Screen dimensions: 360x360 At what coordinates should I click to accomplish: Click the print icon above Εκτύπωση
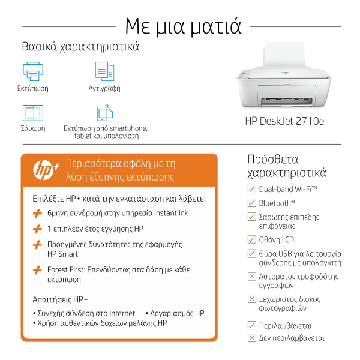coord(33,71)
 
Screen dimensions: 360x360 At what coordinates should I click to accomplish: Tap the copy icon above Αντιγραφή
coord(104,71)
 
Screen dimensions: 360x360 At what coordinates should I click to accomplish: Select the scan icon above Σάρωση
coord(33,113)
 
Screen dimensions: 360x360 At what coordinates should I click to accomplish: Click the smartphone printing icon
coord(105,112)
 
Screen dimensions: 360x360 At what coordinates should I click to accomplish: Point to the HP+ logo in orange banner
coord(46,170)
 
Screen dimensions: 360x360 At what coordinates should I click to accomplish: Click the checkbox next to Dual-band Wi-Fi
coord(252,189)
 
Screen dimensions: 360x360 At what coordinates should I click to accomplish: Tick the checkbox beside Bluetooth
coord(252,203)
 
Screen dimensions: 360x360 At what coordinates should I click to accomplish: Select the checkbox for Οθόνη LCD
coord(252,239)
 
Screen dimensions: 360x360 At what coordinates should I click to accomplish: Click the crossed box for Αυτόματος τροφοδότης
coord(252,277)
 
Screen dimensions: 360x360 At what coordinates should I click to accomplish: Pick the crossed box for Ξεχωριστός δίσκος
coord(252,299)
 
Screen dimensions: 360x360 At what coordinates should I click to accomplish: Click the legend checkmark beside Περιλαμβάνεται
coord(252,325)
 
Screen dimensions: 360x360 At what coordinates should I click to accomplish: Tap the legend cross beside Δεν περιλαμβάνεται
coord(252,338)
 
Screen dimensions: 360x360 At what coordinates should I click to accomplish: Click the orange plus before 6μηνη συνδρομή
coord(37,213)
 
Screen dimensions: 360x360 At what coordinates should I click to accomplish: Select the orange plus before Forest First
coord(37,270)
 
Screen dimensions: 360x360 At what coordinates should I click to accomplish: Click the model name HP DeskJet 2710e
coord(284,121)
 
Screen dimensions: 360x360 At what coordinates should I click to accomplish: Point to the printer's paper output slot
coord(286,101)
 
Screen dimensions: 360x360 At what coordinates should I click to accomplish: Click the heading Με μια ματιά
coord(183,26)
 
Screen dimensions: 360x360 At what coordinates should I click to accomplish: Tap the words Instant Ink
coord(171,213)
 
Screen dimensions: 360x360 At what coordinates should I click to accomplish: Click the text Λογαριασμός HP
coord(177,313)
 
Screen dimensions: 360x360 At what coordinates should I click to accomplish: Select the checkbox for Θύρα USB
coord(252,253)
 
